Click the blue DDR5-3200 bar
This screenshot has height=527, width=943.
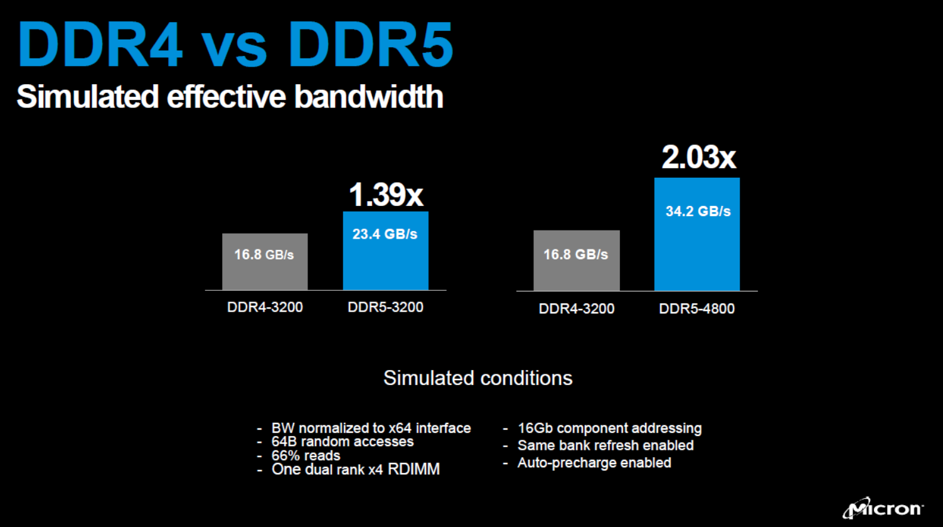tap(386, 251)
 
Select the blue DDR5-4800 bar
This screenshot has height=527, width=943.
tap(697, 234)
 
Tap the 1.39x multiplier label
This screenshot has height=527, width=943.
tap(386, 195)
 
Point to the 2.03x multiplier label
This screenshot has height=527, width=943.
tap(699, 157)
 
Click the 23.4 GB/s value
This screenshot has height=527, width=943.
tap(385, 234)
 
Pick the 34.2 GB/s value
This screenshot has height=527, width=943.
tap(698, 211)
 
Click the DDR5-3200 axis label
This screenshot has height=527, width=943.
tap(386, 307)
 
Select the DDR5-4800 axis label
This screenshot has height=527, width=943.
tap(696, 308)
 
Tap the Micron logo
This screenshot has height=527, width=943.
tap(883, 508)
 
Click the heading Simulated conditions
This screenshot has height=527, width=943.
tap(478, 378)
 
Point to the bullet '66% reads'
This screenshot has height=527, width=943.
tap(306, 456)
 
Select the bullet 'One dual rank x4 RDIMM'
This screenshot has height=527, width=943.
tap(356, 469)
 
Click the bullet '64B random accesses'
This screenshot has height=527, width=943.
tap(343, 442)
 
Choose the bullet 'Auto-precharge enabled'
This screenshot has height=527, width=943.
tap(594, 463)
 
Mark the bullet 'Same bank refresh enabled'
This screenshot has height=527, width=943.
tap(606, 445)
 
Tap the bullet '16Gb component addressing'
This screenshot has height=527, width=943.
tap(610, 428)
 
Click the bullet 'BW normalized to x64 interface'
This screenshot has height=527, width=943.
tap(371, 428)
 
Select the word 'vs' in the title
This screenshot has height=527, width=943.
tap(233, 51)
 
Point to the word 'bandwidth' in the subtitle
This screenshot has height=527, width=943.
tap(369, 97)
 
